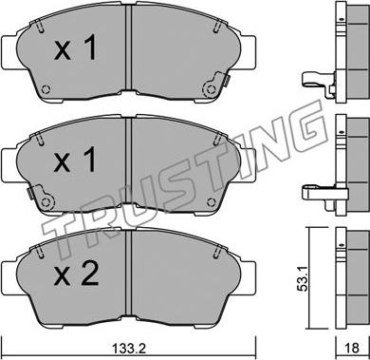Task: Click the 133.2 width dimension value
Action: pos(129,349)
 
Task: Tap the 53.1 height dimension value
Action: pos(304,279)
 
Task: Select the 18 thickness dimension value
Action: pos(351,349)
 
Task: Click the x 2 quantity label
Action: pos(77,275)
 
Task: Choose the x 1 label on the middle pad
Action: pos(75,161)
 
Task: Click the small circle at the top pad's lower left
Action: pos(46,89)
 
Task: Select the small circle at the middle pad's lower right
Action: pos(211,201)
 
